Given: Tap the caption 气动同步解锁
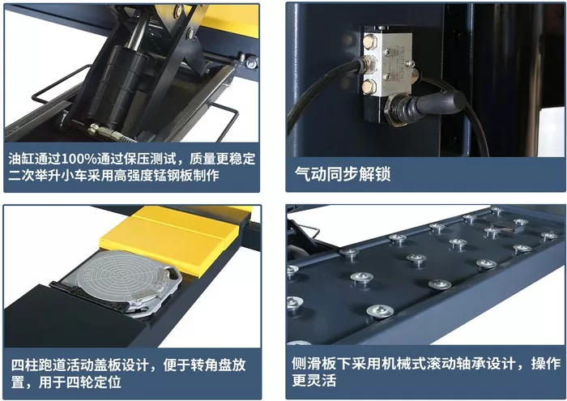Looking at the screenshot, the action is coord(343,173).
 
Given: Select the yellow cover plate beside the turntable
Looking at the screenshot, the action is coord(169,240).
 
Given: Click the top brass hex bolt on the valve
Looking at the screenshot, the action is coord(369,41).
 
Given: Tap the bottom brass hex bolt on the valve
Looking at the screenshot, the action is coord(369,87).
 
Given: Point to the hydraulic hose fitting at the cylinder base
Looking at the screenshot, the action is coord(109,133).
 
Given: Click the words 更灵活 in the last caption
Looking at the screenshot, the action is coord(314,381).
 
